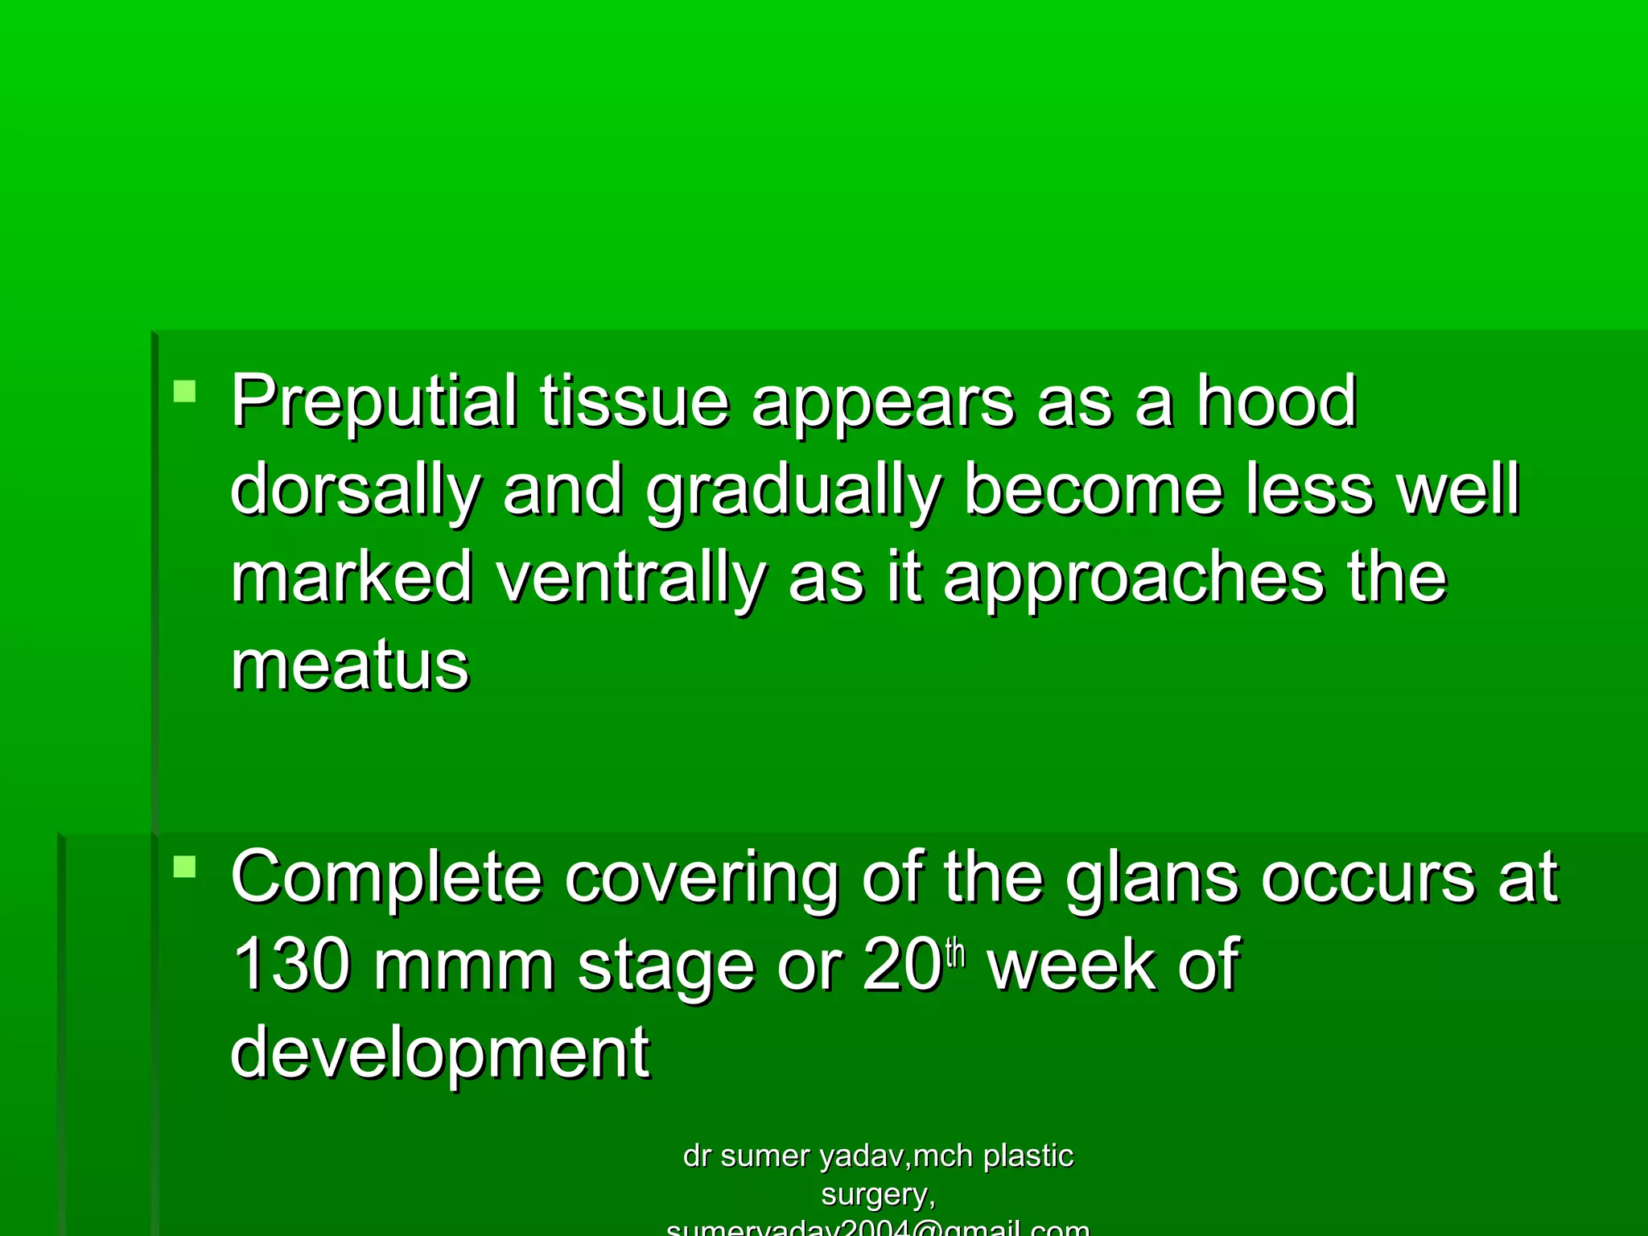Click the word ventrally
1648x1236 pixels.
click(631, 578)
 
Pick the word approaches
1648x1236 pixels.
click(1135, 578)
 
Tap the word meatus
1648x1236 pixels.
click(349, 666)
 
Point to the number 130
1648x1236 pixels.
click(291, 965)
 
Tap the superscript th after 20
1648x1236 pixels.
click(955, 953)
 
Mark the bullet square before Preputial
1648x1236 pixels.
click(185, 392)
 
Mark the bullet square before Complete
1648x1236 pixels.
click(185, 867)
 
